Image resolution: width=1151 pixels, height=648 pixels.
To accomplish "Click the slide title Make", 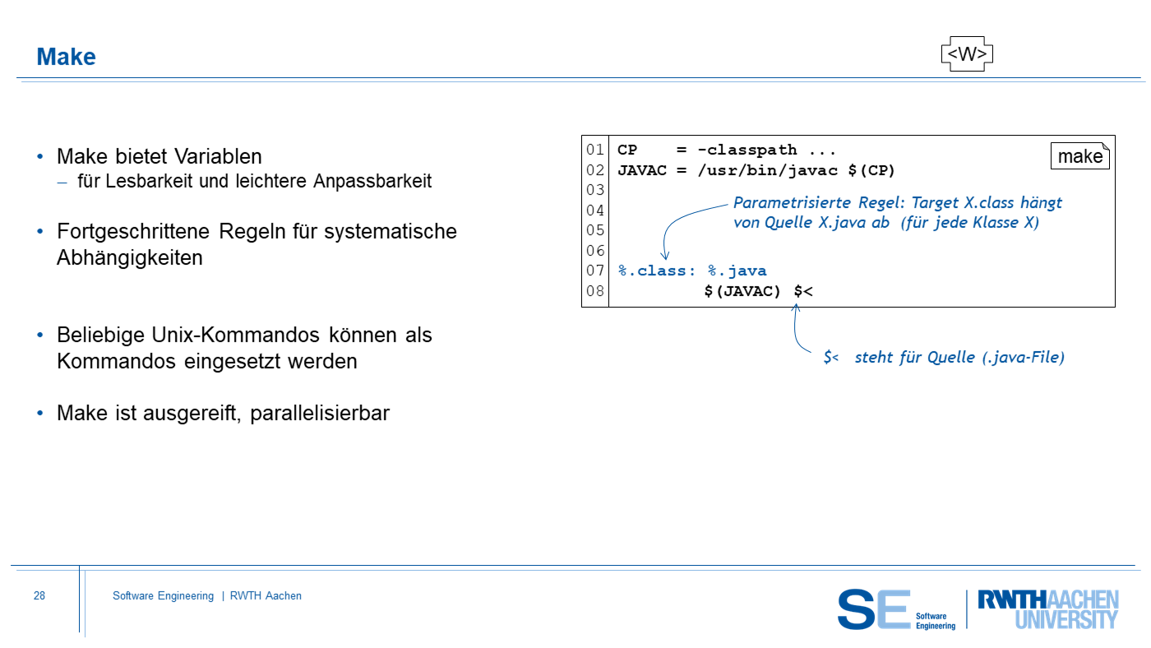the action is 66,57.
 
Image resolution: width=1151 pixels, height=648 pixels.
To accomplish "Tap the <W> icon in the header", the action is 967,54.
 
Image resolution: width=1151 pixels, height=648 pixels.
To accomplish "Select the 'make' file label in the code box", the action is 1080,156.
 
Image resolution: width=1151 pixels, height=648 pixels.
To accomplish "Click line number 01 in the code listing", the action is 595,150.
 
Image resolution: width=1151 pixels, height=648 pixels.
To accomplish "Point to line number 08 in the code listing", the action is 595,291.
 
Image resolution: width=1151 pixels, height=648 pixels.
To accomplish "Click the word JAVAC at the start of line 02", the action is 642,170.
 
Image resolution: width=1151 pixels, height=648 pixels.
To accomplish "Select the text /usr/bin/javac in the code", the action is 768,170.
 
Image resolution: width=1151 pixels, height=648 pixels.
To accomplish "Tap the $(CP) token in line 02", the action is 871,170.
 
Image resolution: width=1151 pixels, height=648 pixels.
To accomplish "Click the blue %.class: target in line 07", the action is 657,271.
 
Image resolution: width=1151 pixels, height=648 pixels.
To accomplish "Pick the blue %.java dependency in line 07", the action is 737,271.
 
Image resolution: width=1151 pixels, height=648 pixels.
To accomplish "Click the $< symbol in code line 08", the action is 803,291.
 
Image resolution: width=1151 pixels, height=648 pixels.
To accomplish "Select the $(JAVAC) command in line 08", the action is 742,291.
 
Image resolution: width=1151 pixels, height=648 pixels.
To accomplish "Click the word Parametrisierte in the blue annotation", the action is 792,202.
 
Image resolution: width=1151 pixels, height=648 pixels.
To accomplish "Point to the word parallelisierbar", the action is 320,413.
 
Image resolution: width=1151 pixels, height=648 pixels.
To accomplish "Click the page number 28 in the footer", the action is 39,595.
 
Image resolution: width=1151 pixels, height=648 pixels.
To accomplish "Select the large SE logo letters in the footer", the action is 873,609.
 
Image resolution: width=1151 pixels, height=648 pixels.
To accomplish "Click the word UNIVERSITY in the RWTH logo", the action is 1066,619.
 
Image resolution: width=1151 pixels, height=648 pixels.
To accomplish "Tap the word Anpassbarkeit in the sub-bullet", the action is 372,182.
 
